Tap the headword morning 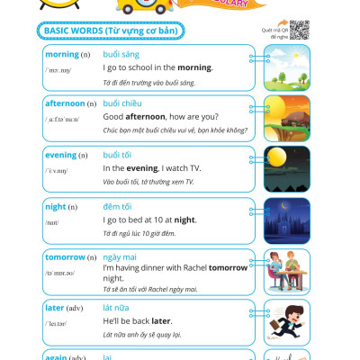(x=62, y=55)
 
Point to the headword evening (x=62, y=155)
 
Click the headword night (x=56, y=206)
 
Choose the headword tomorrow (x=67, y=256)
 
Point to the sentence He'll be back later (x=138, y=320)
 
